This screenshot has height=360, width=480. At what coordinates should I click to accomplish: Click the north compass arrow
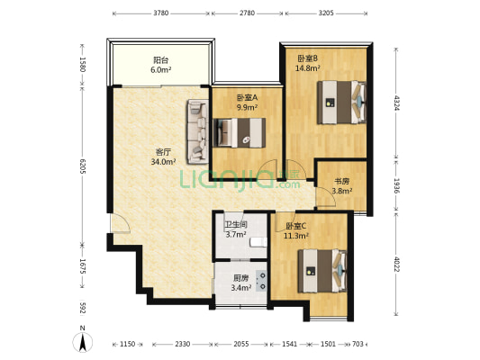(82, 342)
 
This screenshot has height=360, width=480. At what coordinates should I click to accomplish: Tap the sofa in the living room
(198, 131)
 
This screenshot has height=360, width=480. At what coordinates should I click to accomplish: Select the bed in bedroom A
(239, 133)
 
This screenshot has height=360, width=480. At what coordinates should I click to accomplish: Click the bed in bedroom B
(341, 103)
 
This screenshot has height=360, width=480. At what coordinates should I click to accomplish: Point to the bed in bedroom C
(322, 271)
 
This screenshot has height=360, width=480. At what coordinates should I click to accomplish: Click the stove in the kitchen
(261, 281)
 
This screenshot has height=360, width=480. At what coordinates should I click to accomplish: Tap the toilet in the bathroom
(258, 242)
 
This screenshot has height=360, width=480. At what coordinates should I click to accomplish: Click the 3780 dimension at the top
(160, 13)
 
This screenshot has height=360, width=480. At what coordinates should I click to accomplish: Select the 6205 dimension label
(82, 166)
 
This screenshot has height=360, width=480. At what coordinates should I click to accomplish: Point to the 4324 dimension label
(396, 103)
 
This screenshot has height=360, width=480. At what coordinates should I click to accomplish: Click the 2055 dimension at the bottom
(241, 344)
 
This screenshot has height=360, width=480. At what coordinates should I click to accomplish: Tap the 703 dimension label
(358, 344)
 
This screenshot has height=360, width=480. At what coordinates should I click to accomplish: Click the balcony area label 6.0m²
(160, 70)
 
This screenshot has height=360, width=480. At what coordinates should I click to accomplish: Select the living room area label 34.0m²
(163, 161)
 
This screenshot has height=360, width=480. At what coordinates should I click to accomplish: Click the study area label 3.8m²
(341, 191)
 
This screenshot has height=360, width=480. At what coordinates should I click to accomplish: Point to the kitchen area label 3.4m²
(241, 287)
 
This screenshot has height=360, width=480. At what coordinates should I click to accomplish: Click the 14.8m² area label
(308, 67)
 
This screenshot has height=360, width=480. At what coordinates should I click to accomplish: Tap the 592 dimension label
(82, 309)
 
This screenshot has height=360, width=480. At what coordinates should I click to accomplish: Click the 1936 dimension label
(396, 186)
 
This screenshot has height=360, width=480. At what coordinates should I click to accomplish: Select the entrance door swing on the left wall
(121, 223)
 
